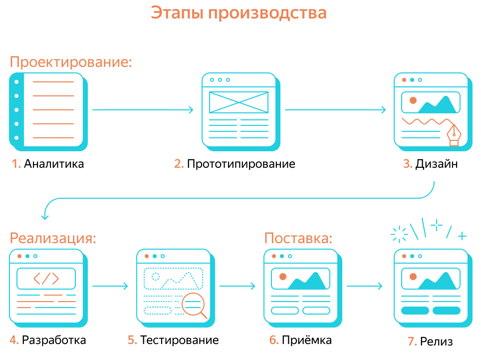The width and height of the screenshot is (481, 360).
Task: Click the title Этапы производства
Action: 239,13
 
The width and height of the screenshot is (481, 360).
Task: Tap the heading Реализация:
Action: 53,238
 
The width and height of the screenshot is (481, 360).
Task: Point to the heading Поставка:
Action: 298,238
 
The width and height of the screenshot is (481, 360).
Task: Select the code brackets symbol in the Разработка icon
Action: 46,279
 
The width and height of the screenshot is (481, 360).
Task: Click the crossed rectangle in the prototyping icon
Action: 239,102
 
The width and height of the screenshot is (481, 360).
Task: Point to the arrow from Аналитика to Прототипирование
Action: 143,110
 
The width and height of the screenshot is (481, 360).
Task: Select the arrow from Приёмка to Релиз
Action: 364,286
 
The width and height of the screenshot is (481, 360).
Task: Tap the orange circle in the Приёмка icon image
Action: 283,276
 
